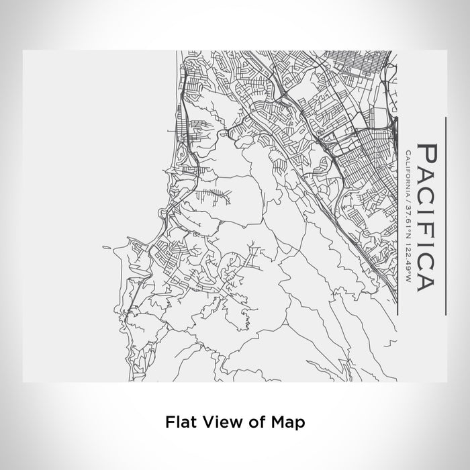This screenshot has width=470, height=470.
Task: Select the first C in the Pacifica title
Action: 427,193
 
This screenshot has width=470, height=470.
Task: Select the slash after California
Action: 409,195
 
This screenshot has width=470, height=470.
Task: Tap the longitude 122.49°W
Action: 409,248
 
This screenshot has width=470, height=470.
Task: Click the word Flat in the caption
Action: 178,422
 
